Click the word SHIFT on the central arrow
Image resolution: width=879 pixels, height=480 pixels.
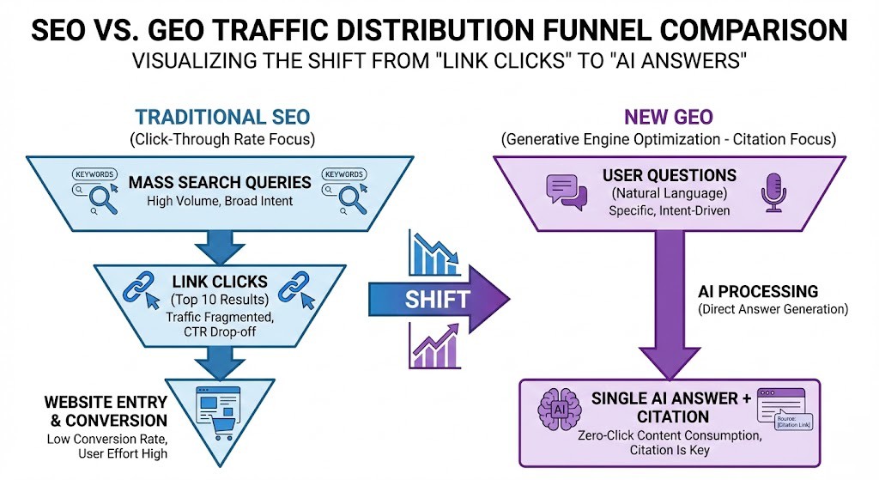point(438,299)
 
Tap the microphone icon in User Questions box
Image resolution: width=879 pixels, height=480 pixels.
point(769,192)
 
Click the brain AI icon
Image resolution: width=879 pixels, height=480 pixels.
point(558,410)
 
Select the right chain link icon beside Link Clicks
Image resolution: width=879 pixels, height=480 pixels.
point(294,288)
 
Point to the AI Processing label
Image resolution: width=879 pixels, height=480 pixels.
point(758,291)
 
